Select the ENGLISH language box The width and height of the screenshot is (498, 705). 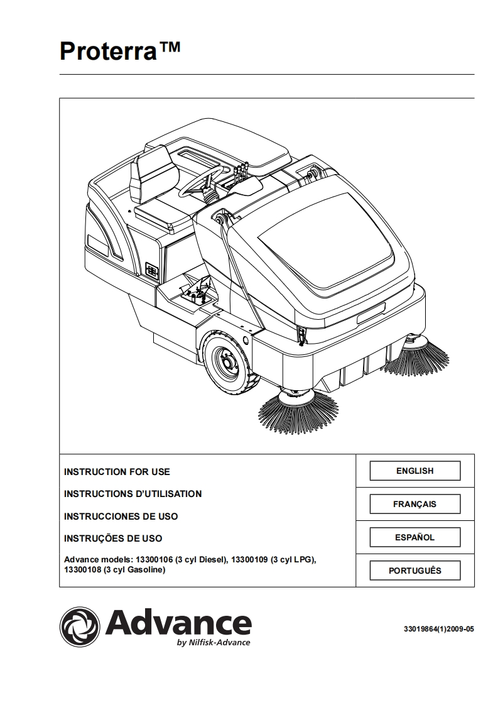click(x=414, y=471)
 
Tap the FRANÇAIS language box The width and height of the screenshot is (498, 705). click(x=414, y=504)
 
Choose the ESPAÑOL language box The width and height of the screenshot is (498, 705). click(x=414, y=537)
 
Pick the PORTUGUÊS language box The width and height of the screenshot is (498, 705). click(x=414, y=571)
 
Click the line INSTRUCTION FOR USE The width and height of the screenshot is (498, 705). click(x=117, y=471)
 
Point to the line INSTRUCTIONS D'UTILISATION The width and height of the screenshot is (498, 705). click(x=133, y=494)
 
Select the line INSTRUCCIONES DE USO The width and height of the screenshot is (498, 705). click(x=121, y=516)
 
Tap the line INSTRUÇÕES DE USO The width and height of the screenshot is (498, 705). click(x=113, y=538)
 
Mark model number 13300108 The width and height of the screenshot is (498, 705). click(x=83, y=570)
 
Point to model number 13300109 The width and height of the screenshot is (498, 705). click(x=250, y=559)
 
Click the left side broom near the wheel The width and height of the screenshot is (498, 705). click(x=292, y=411)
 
